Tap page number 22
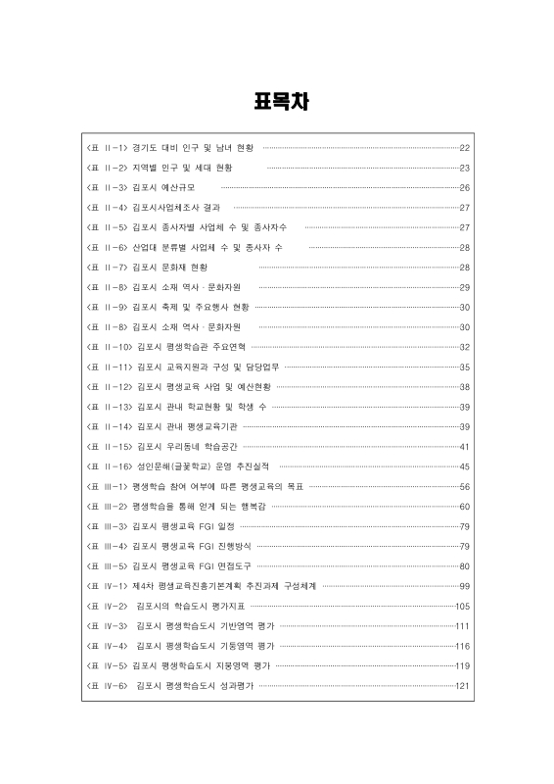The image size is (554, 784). point(465,147)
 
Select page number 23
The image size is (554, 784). point(465,168)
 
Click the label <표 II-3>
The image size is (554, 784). point(107,187)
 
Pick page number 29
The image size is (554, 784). point(465,287)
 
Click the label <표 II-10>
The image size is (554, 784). point(109,347)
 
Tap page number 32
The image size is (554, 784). point(465,347)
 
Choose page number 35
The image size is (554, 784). point(465,367)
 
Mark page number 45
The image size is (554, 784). point(465,466)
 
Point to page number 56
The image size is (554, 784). point(465,486)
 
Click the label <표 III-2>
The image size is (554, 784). point(107,506)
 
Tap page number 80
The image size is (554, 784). point(465,565)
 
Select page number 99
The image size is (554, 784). point(465,585)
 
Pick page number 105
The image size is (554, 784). point(463,606)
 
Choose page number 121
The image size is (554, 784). point(463,685)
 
